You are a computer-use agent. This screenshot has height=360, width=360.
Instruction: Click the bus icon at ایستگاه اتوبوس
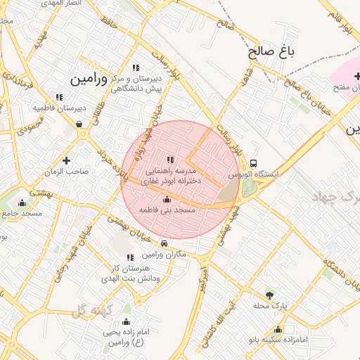[x=254, y=162]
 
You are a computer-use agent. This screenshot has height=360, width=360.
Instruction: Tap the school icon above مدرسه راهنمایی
[x=169, y=160]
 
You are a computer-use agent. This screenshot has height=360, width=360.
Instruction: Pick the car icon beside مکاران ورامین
[x=165, y=244]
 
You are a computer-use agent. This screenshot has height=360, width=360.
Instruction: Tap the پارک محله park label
[x=270, y=306]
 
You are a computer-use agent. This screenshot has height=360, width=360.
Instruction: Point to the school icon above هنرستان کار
[x=129, y=257]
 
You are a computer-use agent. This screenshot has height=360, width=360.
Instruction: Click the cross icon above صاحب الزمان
[x=67, y=160]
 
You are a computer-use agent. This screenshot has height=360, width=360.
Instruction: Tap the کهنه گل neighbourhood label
[x=87, y=309]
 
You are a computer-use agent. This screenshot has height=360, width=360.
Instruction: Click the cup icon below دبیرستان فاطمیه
[x=79, y=124]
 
